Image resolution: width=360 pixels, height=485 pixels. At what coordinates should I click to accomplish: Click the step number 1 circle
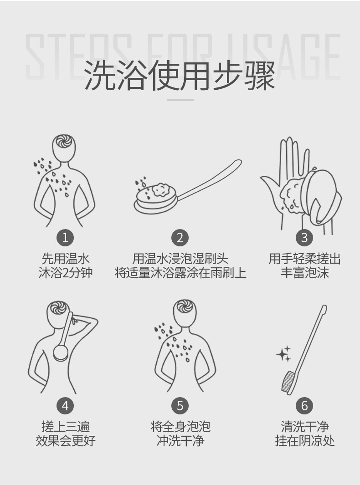pyautogui.click(x=65, y=237)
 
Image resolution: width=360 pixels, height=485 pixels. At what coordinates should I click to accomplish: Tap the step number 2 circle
pyautogui.click(x=180, y=237)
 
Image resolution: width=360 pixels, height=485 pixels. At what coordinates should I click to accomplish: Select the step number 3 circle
pyautogui.click(x=304, y=237)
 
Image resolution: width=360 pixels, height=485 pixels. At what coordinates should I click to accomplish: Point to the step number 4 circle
pyautogui.click(x=65, y=405)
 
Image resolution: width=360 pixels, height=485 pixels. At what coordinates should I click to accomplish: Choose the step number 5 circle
pyautogui.click(x=180, y=405)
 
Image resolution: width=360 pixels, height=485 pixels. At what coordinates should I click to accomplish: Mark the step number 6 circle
pyautogui.click(x=304, y=405)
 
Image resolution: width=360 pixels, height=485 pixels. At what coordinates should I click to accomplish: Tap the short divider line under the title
pyautogui.click(x=180, y=100)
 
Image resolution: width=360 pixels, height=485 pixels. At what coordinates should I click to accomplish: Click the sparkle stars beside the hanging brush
pyautogui.click(x=283, y=354)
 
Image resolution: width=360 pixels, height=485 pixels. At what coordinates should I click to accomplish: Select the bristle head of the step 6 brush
pyautogui.click(x=288, y=382)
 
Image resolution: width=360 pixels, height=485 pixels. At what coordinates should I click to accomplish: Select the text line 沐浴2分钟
pyautogui.click(x=65, y=273)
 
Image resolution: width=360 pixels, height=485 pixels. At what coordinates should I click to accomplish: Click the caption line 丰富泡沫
pyautogui.click(x=304, y=273)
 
